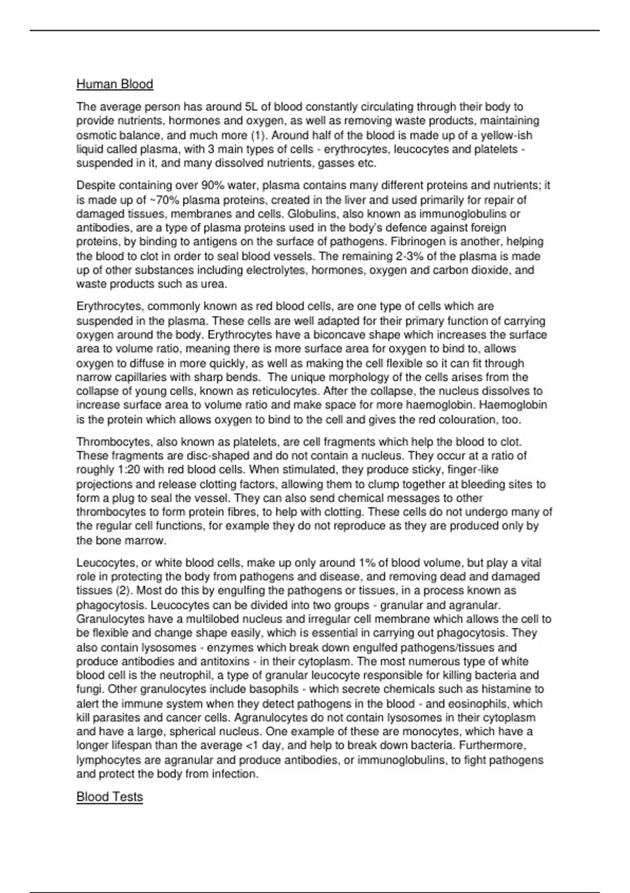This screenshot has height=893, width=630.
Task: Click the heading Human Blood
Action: click(114, 84)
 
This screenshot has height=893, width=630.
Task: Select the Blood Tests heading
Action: click(109, 797)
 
